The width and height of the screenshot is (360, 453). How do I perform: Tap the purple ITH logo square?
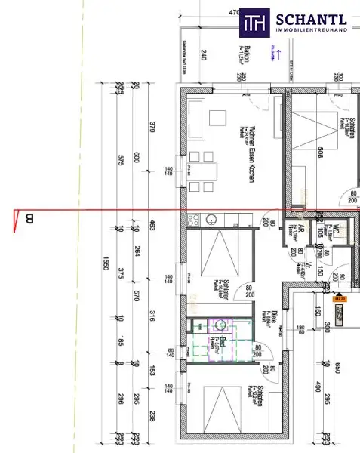coord(253,23)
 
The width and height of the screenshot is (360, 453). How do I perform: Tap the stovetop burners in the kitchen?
coord(193,220)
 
